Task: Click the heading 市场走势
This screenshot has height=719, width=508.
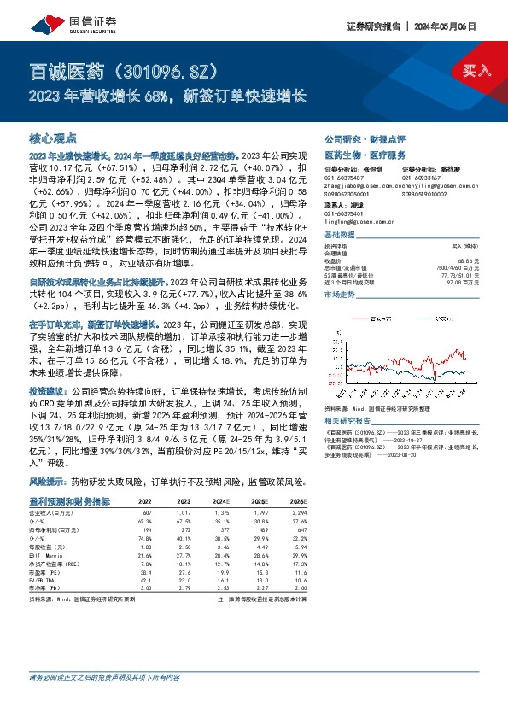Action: click(x=339, y=293)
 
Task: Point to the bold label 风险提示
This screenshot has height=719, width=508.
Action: click(x=49, y=482)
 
